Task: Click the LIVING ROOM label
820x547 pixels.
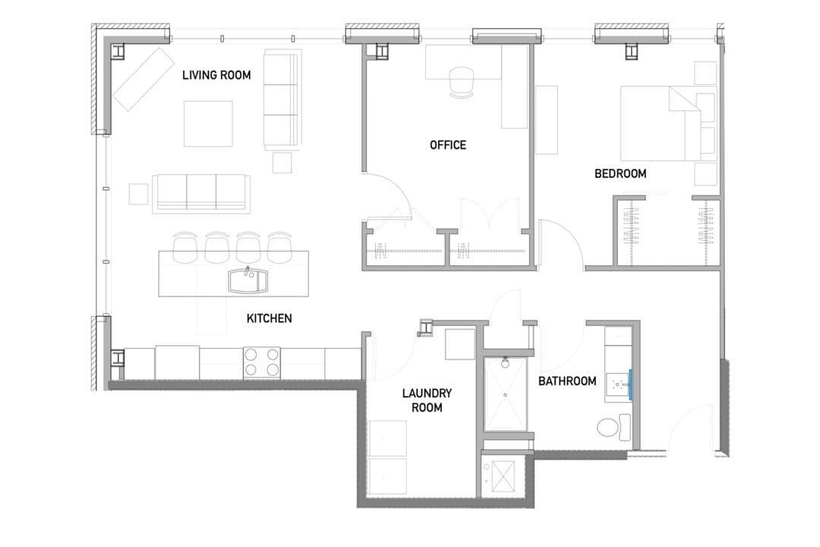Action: (x=216, y=75)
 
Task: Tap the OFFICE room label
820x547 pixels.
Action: (x=448, y=145)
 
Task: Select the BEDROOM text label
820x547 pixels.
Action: (x=620, y=174)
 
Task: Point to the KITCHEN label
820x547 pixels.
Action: (x=270, y=318)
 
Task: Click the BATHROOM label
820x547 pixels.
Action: (x=567, y=381)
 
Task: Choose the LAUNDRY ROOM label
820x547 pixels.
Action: (x=427, y=400)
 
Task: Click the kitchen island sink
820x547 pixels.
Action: (x=248, y=280)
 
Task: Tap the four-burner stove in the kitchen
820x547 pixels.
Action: (x=261, y=362)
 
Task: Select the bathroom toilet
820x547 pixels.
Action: (x=614, y=428)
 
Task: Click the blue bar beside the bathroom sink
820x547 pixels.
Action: (x=631, y=384)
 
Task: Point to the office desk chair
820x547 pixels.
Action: (x=462, y=82)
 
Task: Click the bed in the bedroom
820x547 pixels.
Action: (x=660, y=124)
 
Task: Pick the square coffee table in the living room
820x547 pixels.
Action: (x=208, y=124)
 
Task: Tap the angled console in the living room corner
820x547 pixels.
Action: (x=143, y=79)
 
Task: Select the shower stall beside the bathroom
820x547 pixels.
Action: (x=505, y=393)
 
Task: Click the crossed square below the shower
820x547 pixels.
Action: (x=503, y=476)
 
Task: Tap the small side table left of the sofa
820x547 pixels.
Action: (x=139, y=194)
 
